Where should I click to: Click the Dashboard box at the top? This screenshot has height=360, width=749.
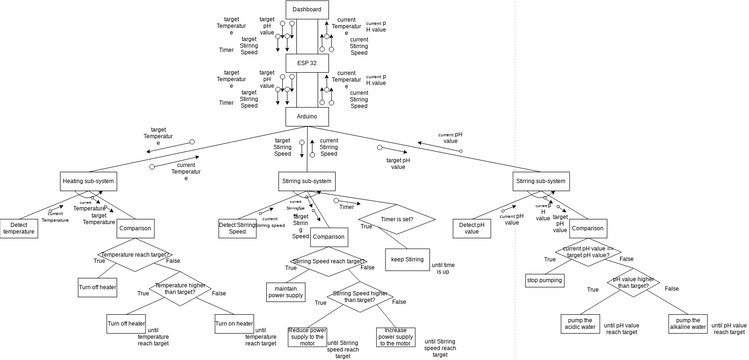click(x=307, y=9)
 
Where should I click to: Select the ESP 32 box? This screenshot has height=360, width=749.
click(x=307, y=62)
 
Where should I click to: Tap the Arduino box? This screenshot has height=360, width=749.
click(x=307, y=117)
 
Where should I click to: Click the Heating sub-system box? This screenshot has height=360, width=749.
click(x=89, y=181)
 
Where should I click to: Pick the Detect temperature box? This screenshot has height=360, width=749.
click(x=19, y=229)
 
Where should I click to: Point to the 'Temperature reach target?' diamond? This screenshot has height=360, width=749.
click(x=135, y=256)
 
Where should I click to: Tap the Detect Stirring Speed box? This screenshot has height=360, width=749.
click(x=238, y=228)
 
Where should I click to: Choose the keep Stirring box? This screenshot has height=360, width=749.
click(x=409, y=259)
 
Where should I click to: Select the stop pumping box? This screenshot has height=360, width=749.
click(x=545, y=280)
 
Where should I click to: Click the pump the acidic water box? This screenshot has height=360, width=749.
click(x=578, y=324)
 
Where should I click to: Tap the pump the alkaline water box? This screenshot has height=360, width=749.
click(x=687, y=324)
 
